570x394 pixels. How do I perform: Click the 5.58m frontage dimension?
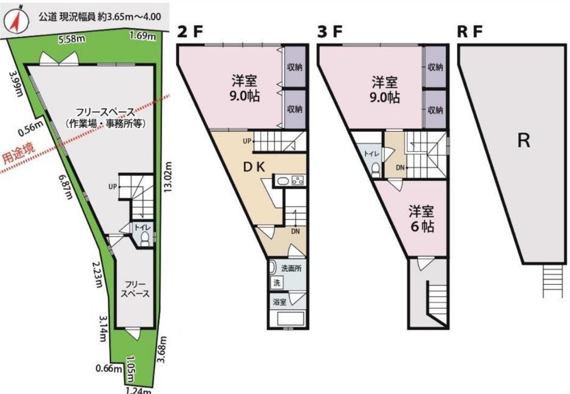pos(72,39)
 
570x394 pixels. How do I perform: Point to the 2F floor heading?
pos(190,32)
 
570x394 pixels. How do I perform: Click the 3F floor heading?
pos(330,32)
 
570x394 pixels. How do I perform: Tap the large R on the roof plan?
pos(524,140)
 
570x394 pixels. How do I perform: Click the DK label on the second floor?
pos(254,167)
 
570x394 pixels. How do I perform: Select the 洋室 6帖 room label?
pos(422,218)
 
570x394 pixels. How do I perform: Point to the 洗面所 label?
pos(291,269)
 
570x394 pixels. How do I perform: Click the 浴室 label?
pos(279,302)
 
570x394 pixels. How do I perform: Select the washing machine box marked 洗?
pos(277,283)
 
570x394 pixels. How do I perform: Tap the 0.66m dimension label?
pos(109,368)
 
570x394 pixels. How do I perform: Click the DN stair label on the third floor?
pos(400,167)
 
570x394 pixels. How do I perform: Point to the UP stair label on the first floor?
pos(113,187)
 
